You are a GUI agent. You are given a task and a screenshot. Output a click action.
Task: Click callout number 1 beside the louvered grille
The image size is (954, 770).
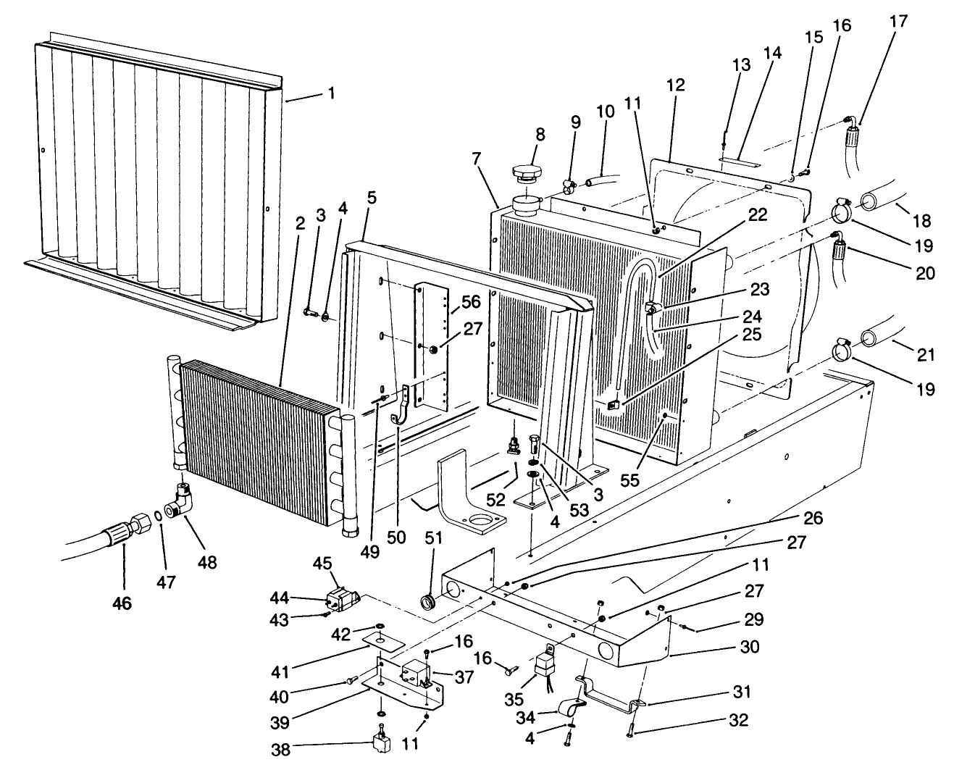coord(331,93)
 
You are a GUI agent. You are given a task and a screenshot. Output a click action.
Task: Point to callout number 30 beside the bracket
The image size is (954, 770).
coord(749,646)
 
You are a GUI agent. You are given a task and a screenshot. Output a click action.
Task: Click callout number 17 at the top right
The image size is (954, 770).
coord(898,22)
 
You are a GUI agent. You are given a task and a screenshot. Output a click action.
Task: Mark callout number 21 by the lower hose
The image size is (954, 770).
coord(926,355)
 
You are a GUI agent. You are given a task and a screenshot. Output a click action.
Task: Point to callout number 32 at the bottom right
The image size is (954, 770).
coord(749,721)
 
